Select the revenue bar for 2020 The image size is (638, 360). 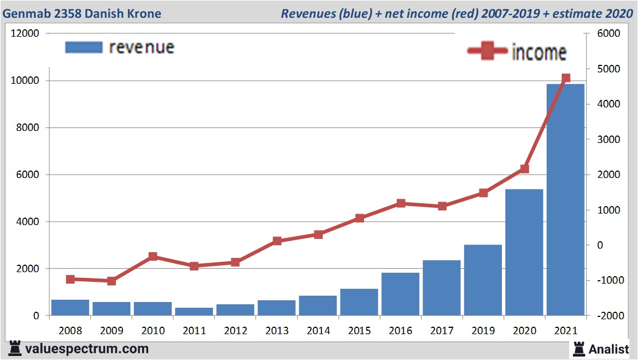tap(524, 253)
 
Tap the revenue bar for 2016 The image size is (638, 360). tap(400, 294)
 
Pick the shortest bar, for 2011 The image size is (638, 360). tap(194, 311)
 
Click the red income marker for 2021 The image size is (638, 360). tap(566, 78)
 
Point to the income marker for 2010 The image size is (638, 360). tap(153, 257)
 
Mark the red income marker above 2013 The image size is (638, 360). tap(277, 241)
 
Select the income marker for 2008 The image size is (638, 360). tap(70, 279)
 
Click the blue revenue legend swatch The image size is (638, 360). tap(84, 47)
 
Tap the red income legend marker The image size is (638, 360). tap(488, 51)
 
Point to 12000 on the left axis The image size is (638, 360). tap(25, 33)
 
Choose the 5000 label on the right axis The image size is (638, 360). tap(605, 69)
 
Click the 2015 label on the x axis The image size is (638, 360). tap(359, 331)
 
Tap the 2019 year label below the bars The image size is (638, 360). tap(483, 331)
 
